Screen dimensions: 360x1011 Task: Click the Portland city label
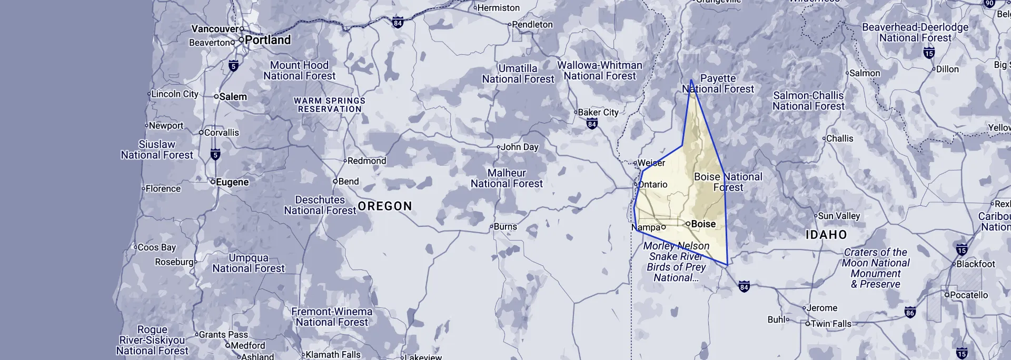267,40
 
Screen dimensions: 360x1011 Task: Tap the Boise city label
703,224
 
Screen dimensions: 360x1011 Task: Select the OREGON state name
385,206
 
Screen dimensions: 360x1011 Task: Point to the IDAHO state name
826,235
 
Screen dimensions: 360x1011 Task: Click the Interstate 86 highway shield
910,313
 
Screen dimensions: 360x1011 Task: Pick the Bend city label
348,182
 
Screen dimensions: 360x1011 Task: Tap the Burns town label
505,227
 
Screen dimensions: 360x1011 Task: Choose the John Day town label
519,147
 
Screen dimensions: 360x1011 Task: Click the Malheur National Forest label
507,178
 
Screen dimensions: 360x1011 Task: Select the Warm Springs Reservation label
330,105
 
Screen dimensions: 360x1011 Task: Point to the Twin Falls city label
830,324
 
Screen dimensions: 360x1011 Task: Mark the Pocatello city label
969,295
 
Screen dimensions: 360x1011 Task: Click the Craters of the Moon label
876,268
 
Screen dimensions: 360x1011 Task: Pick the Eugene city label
232,182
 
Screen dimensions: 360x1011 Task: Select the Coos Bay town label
156,247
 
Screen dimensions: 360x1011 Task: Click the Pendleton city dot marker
510,25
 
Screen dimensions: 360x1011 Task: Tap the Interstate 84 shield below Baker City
592,124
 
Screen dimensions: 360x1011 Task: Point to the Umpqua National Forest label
249,263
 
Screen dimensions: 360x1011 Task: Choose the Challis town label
839,138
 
